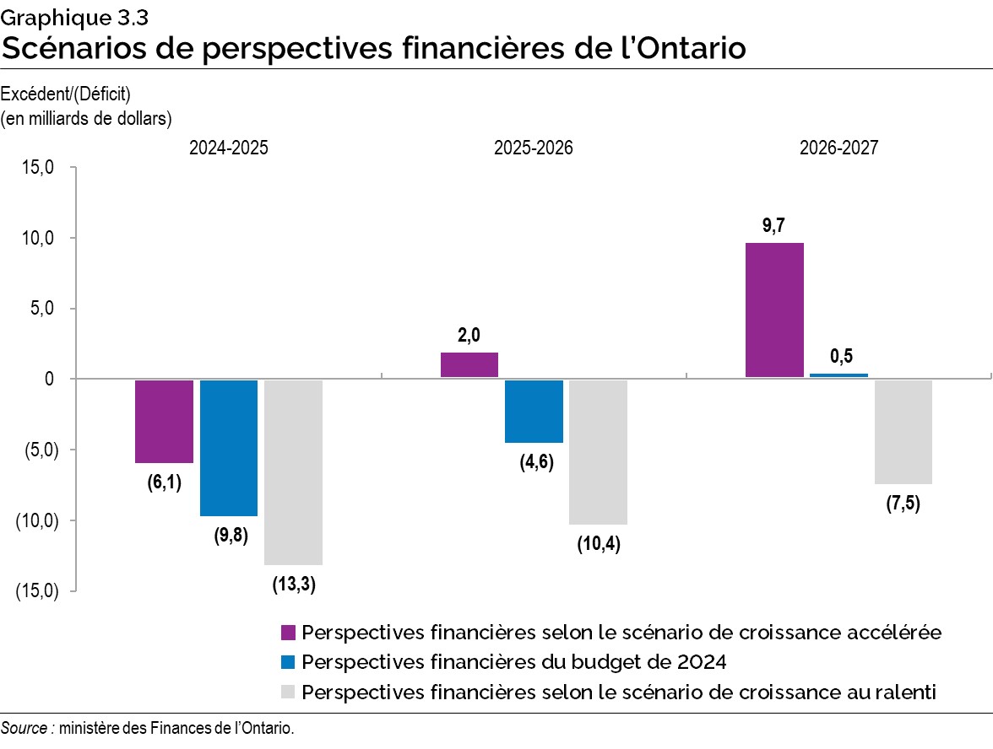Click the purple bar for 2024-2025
[x=164, y=421]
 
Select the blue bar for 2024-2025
[x=228, y=447]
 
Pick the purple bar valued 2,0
[x=469, y=365]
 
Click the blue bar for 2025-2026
[x=534, y=411]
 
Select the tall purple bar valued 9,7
[x=774, y=310]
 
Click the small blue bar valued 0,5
[x=838, y=375]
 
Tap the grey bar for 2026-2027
[x=903, y=432]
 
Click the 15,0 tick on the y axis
[x=38, y=167]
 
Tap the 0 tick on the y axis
[x=50, y=379]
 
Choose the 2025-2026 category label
[x=534, y=148]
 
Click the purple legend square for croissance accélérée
[x=287, y=632]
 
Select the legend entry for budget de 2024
[x=513, y=661]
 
